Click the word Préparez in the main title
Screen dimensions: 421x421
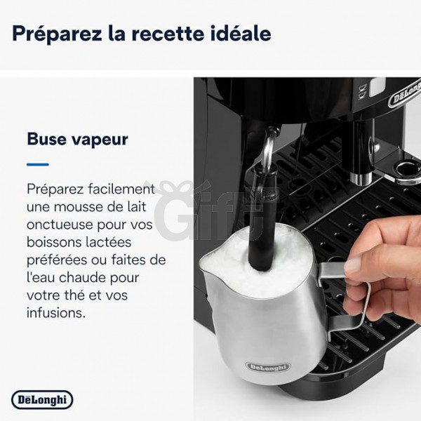coord(57,34)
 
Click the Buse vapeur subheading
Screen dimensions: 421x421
coord(78,140)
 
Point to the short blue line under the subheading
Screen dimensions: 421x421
coord(38,164)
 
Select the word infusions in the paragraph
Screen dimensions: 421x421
coord(56,312)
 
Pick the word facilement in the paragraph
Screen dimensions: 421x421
coord(121,189)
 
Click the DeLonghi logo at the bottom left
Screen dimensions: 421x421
coord(42,399)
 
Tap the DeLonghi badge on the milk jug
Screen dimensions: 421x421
coord(268,367)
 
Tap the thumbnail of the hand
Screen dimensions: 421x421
coord(353,265)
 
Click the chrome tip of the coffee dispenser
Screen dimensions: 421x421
coord(361,178)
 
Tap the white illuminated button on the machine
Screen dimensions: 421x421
coord(377,86)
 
